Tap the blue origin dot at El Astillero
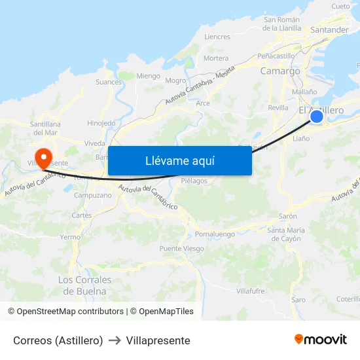click(x=316, y=117)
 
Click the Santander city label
click(x=329, y=29)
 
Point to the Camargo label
click(x=280, y=71)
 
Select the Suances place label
click(x=109, y=82)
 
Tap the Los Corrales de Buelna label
click(x=84, y=285)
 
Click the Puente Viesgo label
click(x=181, y=249)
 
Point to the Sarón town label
click(x=288, y=216)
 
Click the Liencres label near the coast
click(x=217, y=37)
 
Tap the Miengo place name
click(x=148, y=76)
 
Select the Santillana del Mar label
click(x=45, y=128)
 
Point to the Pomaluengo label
click(x=215, y=234)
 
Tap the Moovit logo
click(x=320, y=339)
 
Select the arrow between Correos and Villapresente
click(x=115, y=340)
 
